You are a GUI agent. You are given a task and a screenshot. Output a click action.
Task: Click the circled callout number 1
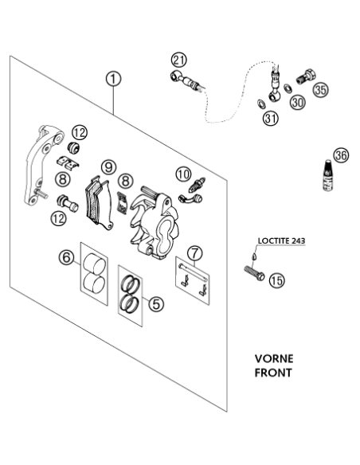pyautogui.click(x=113, y=79)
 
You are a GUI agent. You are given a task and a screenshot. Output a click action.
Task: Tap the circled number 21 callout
pyautogui.click(x=179, y=60)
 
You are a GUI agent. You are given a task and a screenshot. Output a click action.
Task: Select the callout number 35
pyautogui.click(x=321, y=89)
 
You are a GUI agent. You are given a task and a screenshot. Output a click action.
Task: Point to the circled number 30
pyautogui.click(x=297, y=102)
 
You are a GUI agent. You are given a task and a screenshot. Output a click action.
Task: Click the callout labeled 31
pyautogui.click(x=271, y=119)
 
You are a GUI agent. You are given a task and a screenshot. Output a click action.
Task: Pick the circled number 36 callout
pyautogui.click(x=341, y=155)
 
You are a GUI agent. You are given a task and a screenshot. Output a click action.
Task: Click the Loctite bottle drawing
pyautogui.click(x=327, y=176)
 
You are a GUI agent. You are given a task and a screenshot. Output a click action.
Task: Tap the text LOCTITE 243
pyautogui.click(x=281, y=240)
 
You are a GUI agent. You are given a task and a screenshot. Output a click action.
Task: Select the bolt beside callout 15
pyautogui.click(x=254, y=273)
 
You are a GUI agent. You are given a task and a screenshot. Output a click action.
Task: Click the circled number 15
pyautogui.click(x=277, y=280)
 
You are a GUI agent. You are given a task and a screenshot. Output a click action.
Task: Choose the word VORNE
pyautogui.click(x=274, y=359)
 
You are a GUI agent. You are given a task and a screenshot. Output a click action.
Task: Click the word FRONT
pyautogui.click(x=273, y=373)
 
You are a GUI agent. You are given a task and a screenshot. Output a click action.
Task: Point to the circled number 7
pyautogui.click(x=195, y=253)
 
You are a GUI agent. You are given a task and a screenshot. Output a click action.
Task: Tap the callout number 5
pyautogui.click(x=156, y=303)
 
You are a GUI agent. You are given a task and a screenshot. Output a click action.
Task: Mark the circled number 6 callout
pyautogui.click(x=66, y=257)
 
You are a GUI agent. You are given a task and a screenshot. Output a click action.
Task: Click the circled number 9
pyautogui.click(x=108, y=167)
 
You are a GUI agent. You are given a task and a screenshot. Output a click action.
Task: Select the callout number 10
pyautogui.click(x=183, y=174)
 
